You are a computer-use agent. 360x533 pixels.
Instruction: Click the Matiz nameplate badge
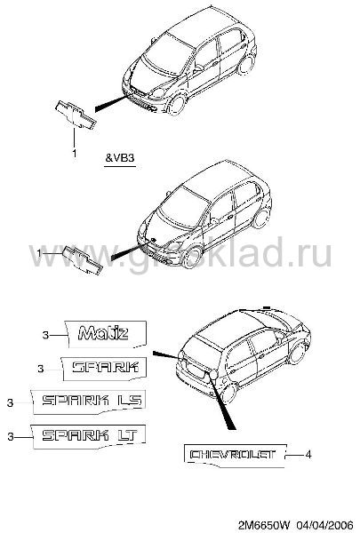click(x=106, y=334)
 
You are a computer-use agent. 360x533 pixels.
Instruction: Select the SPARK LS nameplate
click(x=89, y=402)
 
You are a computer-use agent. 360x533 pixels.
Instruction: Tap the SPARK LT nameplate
click(x=89, y=436)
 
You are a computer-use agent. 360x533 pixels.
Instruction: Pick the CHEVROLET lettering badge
click(x=235, y=455)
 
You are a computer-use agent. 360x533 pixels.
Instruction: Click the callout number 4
click(x=308, y=455)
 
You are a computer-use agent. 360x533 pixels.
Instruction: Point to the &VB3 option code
click(x=120, y=158)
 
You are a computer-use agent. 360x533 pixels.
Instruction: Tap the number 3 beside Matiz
click(x=45, y=335)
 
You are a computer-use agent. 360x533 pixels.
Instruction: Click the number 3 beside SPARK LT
click(x=11, y=436)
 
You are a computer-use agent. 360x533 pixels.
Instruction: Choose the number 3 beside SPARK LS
click(x=11, y=402)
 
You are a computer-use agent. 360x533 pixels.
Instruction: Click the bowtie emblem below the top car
click(x=76, y=115)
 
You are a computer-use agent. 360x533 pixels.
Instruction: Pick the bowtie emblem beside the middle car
click(x=83, y=259)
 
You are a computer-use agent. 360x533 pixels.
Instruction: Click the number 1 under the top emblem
click(x=74, y=154)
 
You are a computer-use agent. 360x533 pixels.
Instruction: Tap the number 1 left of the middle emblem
click(x=39, y=253)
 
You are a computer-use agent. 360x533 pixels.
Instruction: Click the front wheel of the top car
click(x=177, y=105)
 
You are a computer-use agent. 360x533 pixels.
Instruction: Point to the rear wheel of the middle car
click(x=261, y=218)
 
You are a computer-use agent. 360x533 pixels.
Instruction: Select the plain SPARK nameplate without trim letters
click(x=105, y=368)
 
